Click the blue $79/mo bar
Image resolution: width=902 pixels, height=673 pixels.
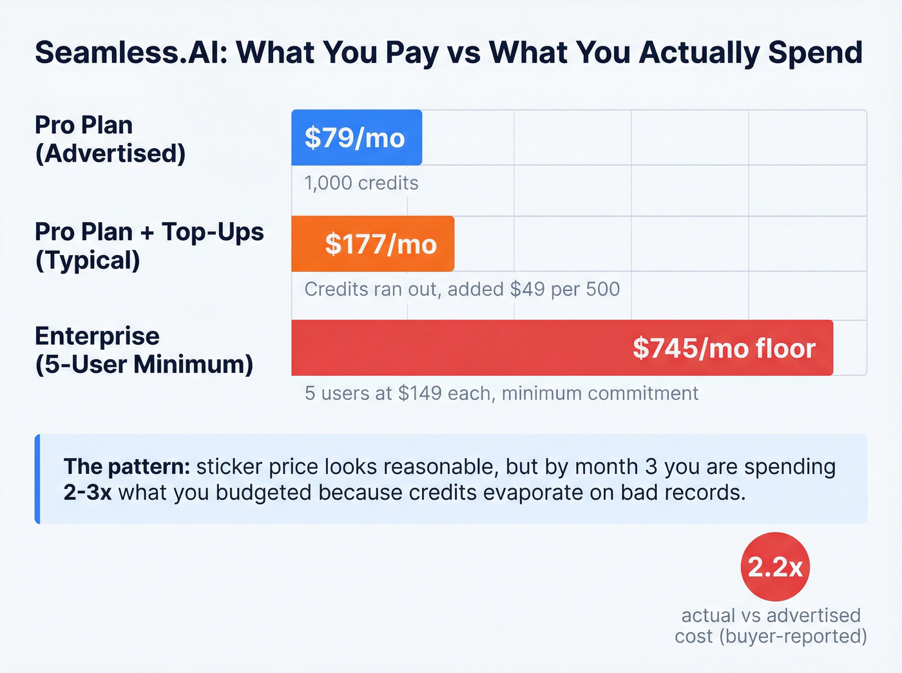click(356, 137)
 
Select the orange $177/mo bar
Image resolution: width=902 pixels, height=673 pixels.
click(372, 243)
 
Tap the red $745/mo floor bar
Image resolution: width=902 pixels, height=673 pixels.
click(562, 348)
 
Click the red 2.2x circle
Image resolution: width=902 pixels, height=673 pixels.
click(775, 567)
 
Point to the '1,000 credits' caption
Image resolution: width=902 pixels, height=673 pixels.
click(361, 183)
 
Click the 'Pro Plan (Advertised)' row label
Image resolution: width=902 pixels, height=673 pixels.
click(110, 139)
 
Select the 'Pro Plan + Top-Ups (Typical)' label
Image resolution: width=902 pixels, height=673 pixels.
click(149, 245)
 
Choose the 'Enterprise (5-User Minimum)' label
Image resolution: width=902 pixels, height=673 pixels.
click(144, 350)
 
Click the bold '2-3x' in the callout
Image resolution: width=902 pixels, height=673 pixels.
click(88, 492)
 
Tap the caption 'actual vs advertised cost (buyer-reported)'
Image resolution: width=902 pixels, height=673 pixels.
click(771, 625)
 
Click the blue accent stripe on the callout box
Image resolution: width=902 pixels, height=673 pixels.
click(37, 479)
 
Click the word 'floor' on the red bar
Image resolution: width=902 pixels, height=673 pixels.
click(785, 348)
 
